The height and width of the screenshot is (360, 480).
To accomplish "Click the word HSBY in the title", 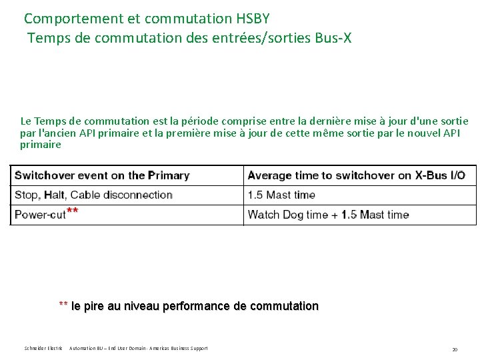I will (x=247, y=18).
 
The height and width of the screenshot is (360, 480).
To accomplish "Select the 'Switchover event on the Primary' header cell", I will (x=102, y=175).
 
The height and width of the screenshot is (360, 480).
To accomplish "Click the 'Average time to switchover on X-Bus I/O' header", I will (x=356, y=175).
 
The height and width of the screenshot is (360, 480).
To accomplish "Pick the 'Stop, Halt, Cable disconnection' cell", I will (x=93, y=195).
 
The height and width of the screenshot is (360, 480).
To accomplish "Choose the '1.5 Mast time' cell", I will (x=281, y=195).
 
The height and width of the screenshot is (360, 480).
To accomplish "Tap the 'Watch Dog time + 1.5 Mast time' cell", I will (x=328, y=214).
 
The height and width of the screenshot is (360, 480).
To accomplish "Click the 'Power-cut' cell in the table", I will (x=40, y=214).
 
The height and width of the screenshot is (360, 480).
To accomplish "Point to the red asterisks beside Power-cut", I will (x=73, y=211).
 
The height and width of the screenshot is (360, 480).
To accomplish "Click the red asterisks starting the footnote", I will (x=63, y=305).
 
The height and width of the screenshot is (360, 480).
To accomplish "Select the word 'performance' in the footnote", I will (x=193, y=306).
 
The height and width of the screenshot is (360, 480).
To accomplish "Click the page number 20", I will (x=455, y=349).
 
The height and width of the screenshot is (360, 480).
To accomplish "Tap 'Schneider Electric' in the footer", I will (x=42, y=348).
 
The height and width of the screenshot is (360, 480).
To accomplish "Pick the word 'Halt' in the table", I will (x=54, y=195).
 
